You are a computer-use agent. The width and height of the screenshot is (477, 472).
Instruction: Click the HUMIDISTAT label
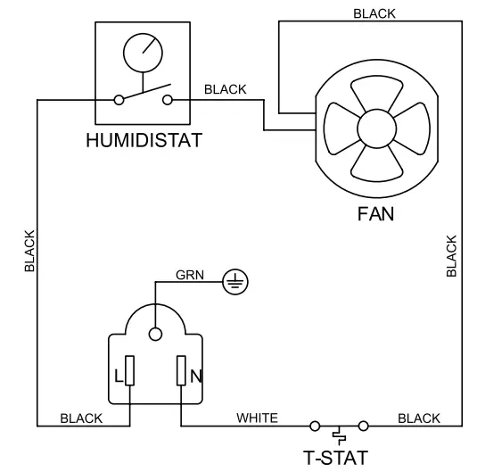click(144, 140)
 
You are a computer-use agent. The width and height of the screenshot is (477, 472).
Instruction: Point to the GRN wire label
click(191, 275)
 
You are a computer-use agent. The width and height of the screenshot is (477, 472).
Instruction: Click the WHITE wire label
click(257, 418)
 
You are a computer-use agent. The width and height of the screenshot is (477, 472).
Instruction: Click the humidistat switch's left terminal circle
click(118, 101)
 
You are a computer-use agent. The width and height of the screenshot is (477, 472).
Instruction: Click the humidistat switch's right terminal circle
click(169, 101)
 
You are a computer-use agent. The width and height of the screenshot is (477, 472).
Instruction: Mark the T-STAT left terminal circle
click(314, 426)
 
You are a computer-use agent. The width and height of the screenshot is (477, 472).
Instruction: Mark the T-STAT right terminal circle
click(363, 426)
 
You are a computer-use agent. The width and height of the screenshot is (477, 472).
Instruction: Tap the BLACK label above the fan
click(375, 13)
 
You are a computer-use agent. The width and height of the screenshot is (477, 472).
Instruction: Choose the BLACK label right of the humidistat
click(226, 90)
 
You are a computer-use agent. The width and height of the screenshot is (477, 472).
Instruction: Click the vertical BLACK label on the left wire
click(29, 251)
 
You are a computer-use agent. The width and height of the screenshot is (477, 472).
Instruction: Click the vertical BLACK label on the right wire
click(452, 256)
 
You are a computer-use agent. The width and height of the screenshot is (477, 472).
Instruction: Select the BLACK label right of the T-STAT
click(419, 418)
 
